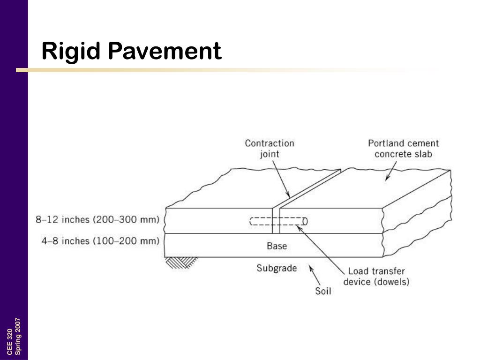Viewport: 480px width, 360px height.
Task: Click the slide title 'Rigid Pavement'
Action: [x=131, y=51]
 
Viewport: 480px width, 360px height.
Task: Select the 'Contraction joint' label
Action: [x=270, y=148]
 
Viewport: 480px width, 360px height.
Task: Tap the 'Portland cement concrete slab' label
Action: [x=403, y=148]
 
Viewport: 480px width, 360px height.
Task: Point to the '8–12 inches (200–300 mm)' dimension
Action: [x=97, y=219]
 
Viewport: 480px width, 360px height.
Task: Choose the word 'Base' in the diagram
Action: [x=277, y=246]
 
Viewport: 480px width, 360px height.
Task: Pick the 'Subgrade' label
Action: [x=277, y=268]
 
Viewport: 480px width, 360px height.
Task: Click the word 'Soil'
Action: [x=322, y=291]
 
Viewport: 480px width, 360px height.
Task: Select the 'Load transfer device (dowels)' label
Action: [x=376, y=277]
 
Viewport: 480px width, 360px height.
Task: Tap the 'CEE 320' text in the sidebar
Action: [x=10, y=342]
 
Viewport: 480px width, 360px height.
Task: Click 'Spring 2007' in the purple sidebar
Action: [x=18, y=337]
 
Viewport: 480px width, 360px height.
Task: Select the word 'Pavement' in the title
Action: [x=165, y=51]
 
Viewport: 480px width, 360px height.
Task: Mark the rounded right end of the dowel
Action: [x=305, y=221]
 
